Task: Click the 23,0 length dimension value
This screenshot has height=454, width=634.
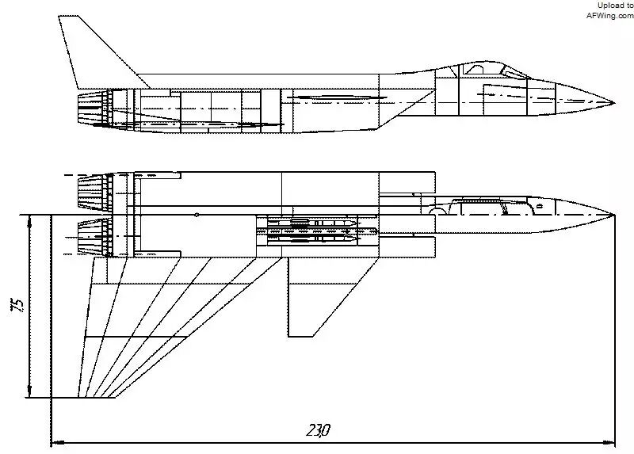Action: tap(319, 430)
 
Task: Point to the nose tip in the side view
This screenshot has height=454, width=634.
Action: tap(614, 103)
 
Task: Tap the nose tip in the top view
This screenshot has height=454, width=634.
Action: tap(614, 215)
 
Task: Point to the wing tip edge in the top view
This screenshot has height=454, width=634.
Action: tap(97, 398)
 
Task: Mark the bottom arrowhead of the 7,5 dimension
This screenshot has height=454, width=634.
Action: tap(29, 391)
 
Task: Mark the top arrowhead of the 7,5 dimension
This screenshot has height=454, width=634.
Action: tap(29, 222)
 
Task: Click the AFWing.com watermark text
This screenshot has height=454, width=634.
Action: tap(610, 15)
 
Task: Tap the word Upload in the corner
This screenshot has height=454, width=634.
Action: tap(610, 6)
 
